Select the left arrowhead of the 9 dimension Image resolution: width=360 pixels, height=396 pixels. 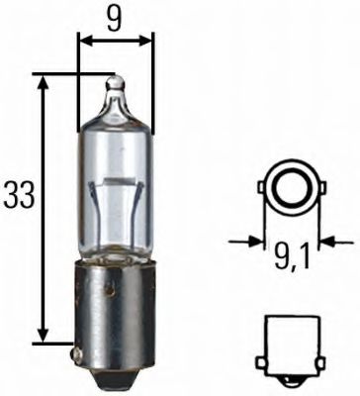(x=82, y=42)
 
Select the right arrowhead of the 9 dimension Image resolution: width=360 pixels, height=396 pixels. (x=149, y=42)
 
